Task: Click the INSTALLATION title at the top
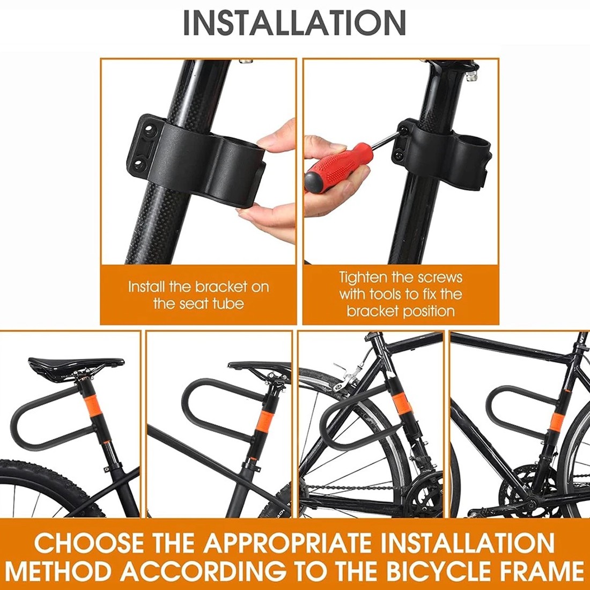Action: [x=294, y=23]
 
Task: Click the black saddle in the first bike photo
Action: [x=75, y=365]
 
